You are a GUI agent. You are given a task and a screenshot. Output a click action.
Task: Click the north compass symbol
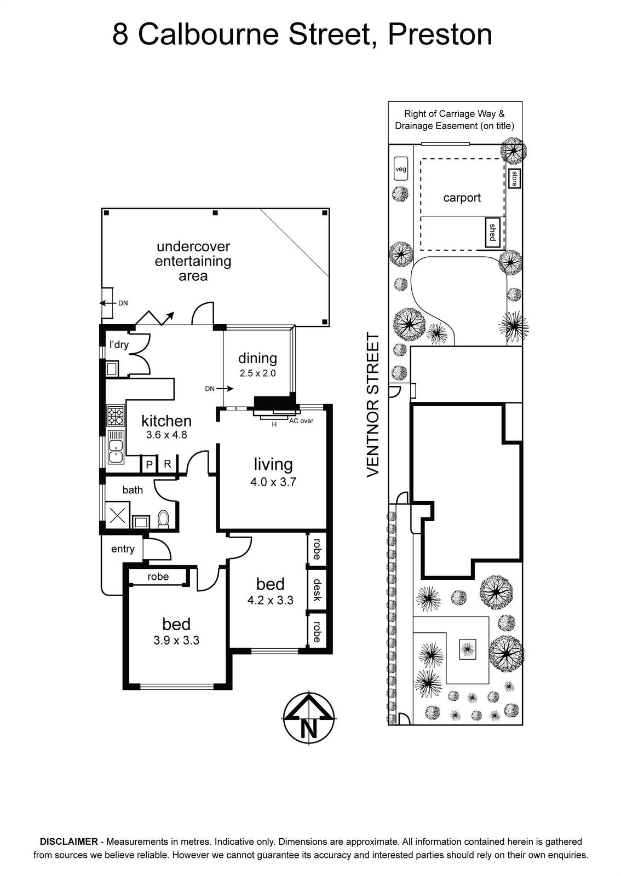308,719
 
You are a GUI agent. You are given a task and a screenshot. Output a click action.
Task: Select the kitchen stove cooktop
116,416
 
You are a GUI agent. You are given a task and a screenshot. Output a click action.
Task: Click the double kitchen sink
116,447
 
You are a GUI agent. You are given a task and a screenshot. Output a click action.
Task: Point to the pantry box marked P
149,464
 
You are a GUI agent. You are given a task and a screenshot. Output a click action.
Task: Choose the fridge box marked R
168,464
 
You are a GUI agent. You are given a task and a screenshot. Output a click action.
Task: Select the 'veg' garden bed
401,169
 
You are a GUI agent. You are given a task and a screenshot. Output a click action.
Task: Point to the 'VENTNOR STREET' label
373,405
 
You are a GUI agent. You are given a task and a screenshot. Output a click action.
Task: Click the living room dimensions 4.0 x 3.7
273,482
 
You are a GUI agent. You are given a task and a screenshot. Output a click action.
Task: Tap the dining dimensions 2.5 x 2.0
258,373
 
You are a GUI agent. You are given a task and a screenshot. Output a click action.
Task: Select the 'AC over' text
301,421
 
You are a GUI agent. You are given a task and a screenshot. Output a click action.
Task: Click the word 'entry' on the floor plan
123,549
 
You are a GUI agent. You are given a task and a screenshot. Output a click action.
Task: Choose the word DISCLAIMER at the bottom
69,841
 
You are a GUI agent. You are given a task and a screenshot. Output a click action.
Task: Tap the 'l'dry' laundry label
119,345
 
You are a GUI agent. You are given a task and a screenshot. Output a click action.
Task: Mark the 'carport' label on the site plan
462,198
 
